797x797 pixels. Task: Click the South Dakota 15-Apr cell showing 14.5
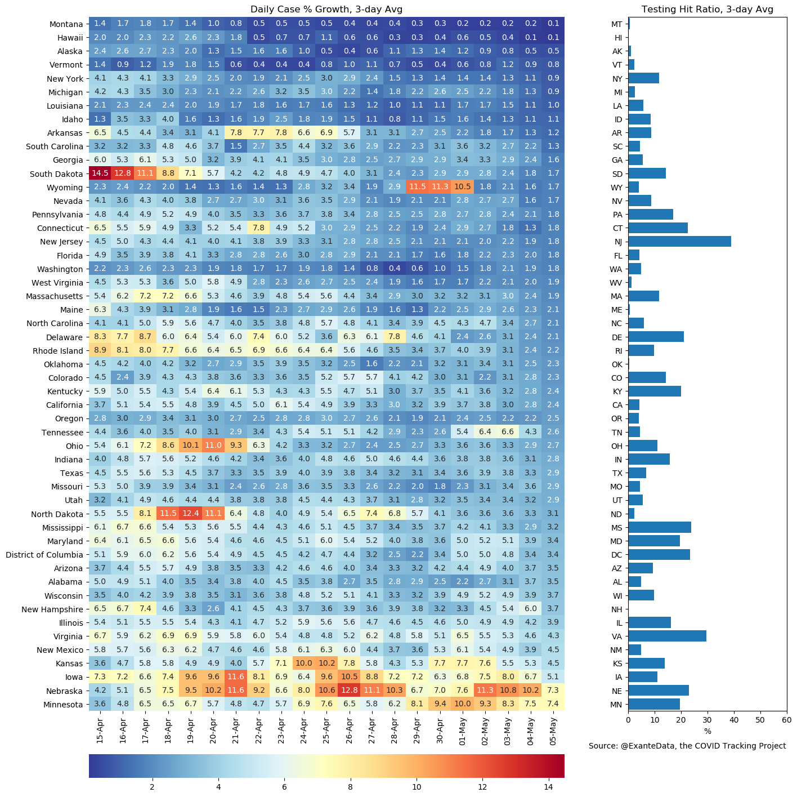tap(100, 174)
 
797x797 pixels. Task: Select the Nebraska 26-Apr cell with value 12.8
tap(349, 691)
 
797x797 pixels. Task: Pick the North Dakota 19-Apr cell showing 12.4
tap(191, 514)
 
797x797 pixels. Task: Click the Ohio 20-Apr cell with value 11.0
tap(213, 446)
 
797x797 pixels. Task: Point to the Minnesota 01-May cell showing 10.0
tap(462, 705)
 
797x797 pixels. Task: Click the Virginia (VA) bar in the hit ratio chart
tap(667, 636)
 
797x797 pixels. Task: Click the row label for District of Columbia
tap(44, 555)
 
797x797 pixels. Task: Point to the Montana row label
tap(66, 24)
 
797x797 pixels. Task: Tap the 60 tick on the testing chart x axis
tap(786, 720)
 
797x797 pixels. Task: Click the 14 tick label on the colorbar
tap(548, 786)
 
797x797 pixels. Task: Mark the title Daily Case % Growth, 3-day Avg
tap(326, 9)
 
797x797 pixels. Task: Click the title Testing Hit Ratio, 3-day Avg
tap(707, 9)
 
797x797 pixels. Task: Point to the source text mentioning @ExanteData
tap(687, 746)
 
